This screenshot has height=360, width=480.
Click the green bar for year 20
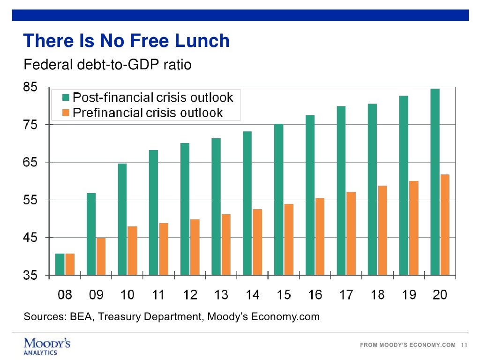point(435,181)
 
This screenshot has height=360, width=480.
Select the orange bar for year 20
point(445,225)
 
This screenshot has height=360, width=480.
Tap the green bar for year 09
point(91,234)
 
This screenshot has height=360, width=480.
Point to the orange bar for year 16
point(320,236)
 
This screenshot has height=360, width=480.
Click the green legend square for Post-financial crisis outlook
point(66,98)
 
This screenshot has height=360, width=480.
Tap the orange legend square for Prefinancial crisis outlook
point(66,112)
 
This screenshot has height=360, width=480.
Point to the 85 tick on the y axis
point(32,87)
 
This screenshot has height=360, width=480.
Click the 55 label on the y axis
point(32,200)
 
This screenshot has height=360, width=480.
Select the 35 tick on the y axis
point(32,275)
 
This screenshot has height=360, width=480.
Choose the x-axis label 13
point(221,295)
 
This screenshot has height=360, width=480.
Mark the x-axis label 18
point(377,295)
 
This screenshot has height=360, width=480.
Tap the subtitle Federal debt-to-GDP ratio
point(108,64)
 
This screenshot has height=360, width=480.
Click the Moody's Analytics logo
point(47,346)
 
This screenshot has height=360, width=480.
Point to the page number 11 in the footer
point(465,345)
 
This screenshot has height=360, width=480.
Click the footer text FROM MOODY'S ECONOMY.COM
point(407,345)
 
